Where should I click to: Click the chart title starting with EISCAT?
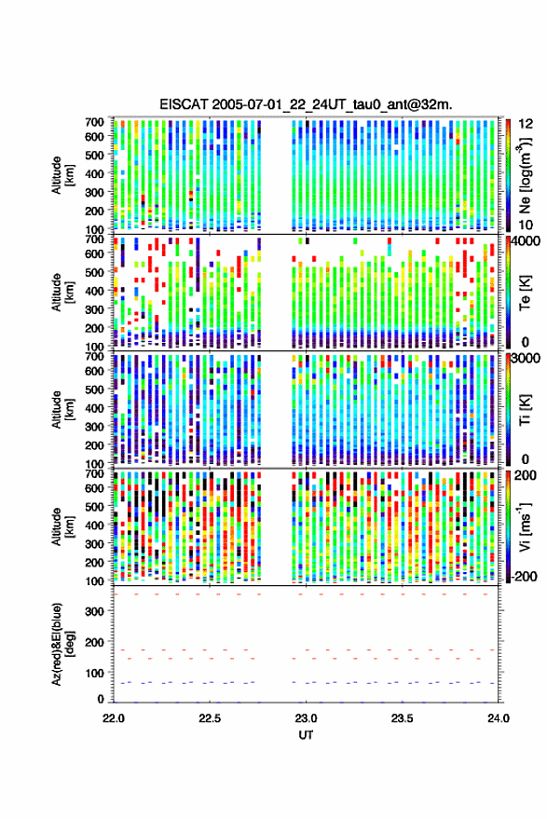306,104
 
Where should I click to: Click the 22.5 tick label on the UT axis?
209,718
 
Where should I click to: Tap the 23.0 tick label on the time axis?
306,718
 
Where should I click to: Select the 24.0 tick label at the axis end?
498,718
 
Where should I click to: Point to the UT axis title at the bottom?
306,735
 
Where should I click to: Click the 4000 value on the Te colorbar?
526,243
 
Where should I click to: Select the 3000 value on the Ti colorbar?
526,359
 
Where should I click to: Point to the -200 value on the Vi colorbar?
523,576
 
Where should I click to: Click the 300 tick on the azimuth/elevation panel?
94,611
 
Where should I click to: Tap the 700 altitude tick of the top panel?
94,122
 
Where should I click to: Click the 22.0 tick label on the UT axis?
114,718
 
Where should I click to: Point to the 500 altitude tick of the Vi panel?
94,507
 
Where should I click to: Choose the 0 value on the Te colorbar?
525,342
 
